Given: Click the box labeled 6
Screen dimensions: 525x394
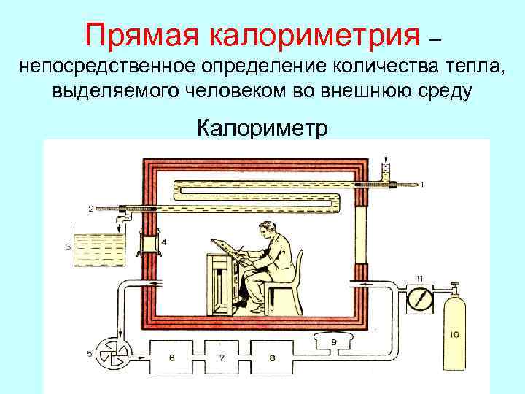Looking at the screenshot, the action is [171, 358].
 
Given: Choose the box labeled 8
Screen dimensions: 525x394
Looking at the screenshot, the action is [271, 358].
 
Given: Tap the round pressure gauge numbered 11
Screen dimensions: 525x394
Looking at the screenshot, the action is [419, 300].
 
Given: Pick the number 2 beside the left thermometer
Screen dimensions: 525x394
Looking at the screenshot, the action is [91, 209].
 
